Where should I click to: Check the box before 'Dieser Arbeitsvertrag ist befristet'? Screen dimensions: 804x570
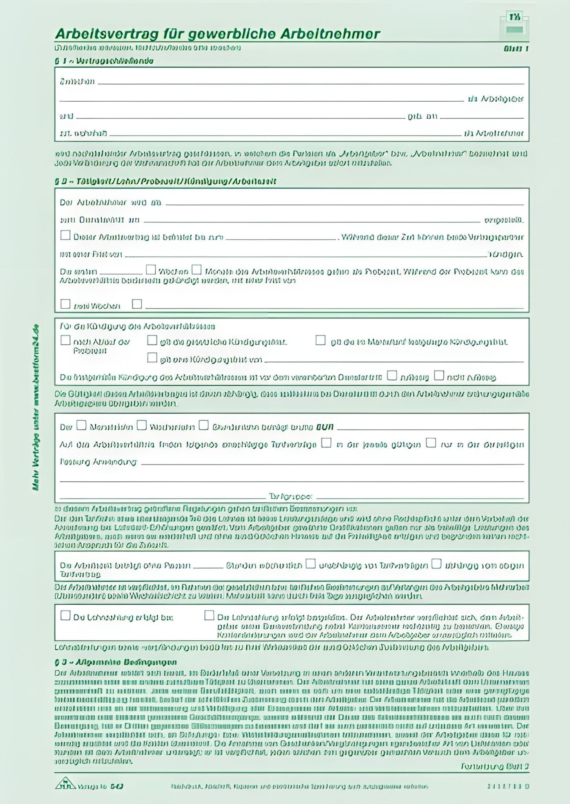click(x=66, y=236)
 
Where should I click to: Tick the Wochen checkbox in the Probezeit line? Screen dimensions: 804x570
click(x=151, y=270)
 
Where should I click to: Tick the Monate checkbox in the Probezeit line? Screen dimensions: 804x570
click(x=197, y=270)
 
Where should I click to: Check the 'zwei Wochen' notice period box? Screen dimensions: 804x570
click(x=66, y=304)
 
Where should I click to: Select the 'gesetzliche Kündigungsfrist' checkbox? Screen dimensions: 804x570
click(x=152, y=340)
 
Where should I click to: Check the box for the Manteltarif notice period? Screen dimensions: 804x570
click(x=321, y=340)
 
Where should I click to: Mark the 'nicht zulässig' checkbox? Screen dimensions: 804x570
click(x=439, y=376)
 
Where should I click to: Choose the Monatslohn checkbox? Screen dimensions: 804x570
click(x=81, y=425)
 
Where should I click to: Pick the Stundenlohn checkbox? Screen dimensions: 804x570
click(x=204, y=425)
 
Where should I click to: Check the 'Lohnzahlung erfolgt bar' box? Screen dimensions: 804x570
click(x=66, y=616)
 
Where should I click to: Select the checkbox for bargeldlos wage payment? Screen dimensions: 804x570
click(x=209, y=616)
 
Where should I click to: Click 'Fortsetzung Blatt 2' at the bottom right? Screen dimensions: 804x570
click(x=495, y=766)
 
